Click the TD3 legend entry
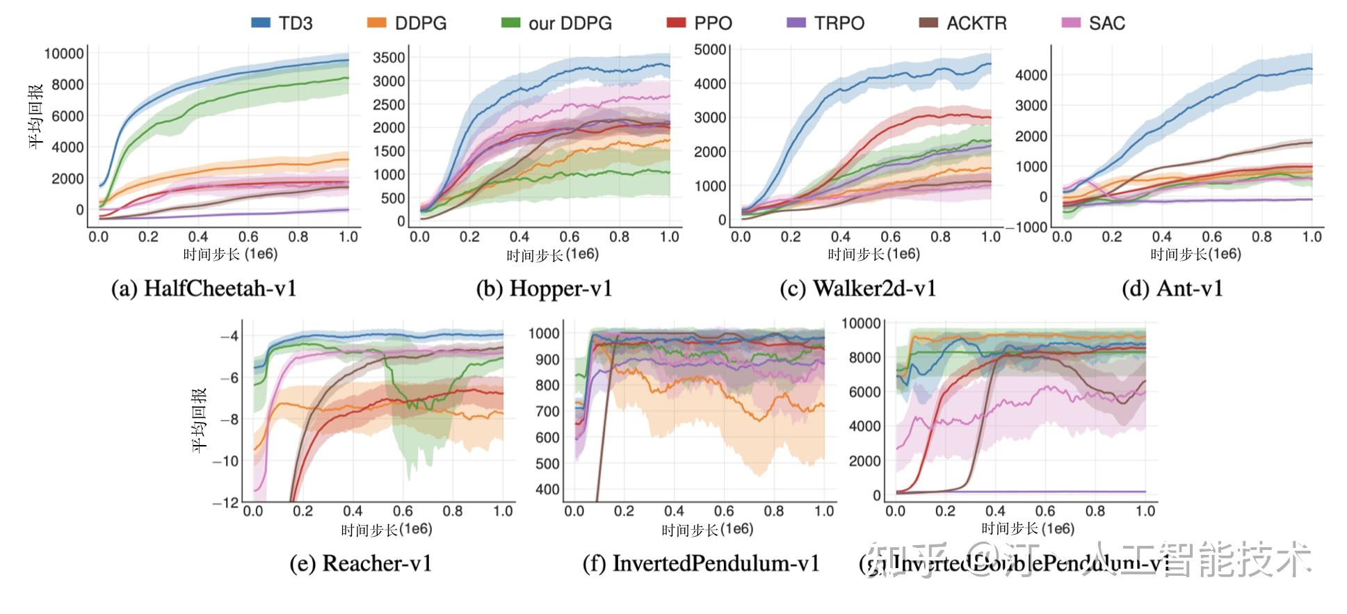(282, 23)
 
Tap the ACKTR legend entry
(963, 23)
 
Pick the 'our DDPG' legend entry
(557, 23)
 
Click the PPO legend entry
(700, 23)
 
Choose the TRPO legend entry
(825, 23)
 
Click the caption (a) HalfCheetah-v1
(204, 289)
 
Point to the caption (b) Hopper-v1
(544, 289)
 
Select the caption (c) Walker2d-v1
(857, 289)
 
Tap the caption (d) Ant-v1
(1172, 289)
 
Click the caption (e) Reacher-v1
(361, 563)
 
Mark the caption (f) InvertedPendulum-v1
(701, 563)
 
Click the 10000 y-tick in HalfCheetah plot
(64, 54)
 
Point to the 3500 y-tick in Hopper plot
(389, 58)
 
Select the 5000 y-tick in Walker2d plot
(710, 49)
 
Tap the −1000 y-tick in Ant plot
(1026, 227)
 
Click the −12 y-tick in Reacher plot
(226, 502)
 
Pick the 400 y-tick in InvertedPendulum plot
(547, 490)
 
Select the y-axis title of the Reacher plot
(200, 420)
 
